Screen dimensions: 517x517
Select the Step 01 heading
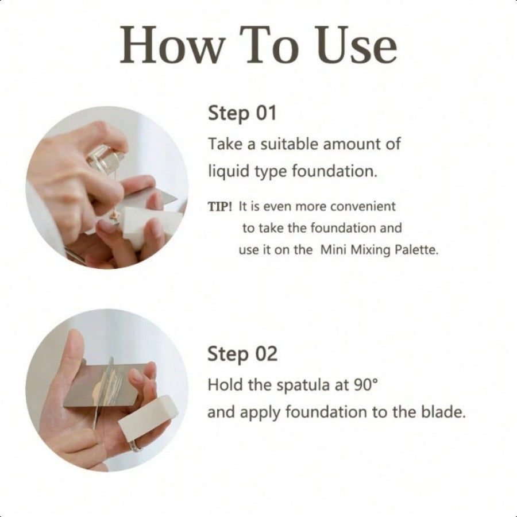click(242, 113)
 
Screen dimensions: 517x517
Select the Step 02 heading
click(242, 354)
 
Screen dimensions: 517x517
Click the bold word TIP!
click(220, 207)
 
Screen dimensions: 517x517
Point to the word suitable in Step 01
click(290, 144)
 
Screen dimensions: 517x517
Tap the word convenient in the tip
click(362, 207)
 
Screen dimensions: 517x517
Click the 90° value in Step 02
click(366, 384)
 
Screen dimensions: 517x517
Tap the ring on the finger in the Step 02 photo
click(136, 445)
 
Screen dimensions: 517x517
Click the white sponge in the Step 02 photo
click(147, 417)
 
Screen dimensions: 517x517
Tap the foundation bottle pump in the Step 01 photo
click(106, 160)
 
